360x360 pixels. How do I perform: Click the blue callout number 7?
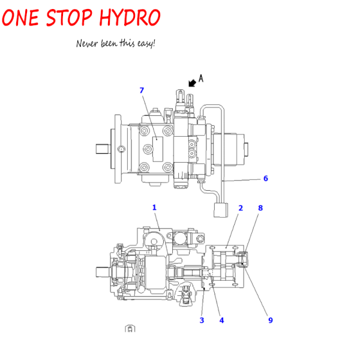[142, 90]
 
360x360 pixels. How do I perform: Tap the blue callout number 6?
[266, 178]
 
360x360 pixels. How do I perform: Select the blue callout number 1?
[154, 208]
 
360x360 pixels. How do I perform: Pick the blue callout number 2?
[241, 208]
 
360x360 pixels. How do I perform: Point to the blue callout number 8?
[260, 208]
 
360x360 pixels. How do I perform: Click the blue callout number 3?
[202, 320]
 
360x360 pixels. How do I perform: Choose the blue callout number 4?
[221, 320]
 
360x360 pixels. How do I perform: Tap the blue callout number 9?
[271, 320]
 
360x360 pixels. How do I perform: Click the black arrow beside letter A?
[192, 83]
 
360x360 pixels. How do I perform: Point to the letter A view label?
[201, 78]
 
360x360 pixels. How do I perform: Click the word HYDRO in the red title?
[130, 17]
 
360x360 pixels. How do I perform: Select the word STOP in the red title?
[69, 17]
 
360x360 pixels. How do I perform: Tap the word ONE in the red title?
[20, 17]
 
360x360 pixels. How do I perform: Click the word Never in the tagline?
[87, 43]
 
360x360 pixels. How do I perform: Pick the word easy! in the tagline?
[146, 44]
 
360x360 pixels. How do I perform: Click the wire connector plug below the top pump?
[221, 210]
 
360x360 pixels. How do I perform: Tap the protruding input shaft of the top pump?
[102, 149]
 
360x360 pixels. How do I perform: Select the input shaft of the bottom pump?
[103, 272]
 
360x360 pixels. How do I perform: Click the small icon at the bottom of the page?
[130, 329]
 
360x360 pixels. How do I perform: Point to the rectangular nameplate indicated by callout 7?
[158, 149]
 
